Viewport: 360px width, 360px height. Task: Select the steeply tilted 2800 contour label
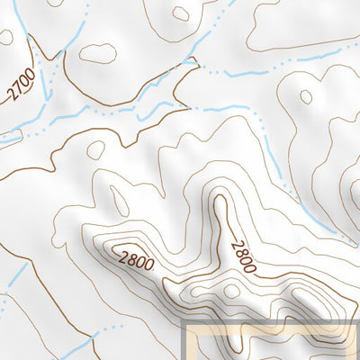point(243,256)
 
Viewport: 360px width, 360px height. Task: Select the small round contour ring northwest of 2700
point(6,37)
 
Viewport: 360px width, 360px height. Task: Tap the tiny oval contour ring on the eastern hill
point(306,96)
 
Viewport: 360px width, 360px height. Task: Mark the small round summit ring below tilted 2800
point(233,291)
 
